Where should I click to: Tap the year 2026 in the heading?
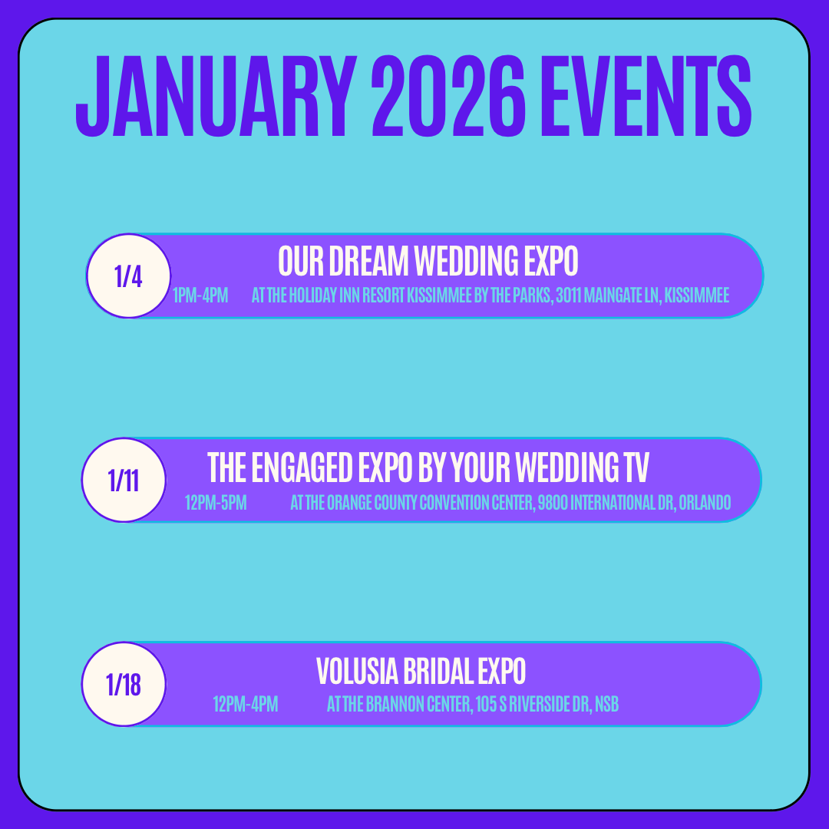tap(448, 96)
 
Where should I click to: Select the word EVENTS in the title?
tap(646, 96)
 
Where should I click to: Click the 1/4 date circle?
tap(128, 276)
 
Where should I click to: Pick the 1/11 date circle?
tap(124, 480)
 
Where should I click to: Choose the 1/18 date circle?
tap(124, 684)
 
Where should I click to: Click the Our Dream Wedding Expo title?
tap(428, 261)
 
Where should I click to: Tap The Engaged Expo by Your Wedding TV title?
tap(428, 467)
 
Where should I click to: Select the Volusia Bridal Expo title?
tap(421, 671)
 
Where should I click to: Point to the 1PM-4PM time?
tap(200, 295)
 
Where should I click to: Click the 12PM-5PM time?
tap(216, 502)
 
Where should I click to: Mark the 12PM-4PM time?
tap(246, 704)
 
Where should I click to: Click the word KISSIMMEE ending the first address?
tap(697, 295)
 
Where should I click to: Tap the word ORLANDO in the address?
tap(705, 502)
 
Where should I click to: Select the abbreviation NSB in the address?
tap(607, 704)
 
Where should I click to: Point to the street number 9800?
tap(553, 502)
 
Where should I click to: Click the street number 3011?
tap(568, 295)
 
